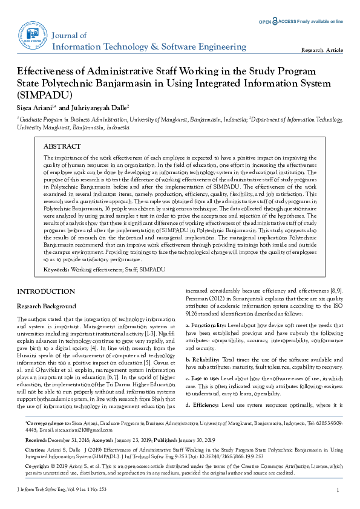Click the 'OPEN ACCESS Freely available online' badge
301,21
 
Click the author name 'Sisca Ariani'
36,107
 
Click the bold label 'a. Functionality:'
203,325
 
